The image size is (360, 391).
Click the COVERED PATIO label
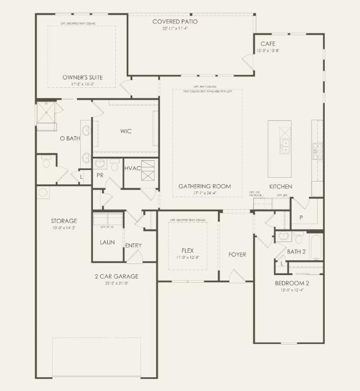click(x=175, y=21)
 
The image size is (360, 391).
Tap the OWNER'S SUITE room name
click(x=83, y=78)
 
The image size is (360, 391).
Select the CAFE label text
click(x=268, y=44)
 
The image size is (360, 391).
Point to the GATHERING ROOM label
click(x=204, y=186)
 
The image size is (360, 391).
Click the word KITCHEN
click(x=281, y=187)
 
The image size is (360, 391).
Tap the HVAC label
click(x=133, y=168)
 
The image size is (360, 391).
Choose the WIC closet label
click(x=126, y=131)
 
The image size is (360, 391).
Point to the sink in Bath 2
click(x=284, y=236)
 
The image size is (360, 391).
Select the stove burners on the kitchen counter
click(x=317, y=149)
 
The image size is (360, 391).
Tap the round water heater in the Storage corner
click(x=43, y=192)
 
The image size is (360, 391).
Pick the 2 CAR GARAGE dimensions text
click(x=116, y=284)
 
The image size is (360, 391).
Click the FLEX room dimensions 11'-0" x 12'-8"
click(x=187, y=257)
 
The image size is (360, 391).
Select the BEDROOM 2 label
click(x=292, y=283)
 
